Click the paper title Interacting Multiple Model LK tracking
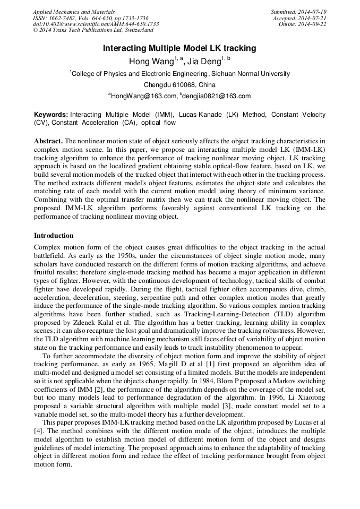click(179, 48)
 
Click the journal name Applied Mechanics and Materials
click(74, 12)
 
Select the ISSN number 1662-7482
click(66, 18)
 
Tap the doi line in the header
click(96, 24)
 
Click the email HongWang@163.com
click(143, 96)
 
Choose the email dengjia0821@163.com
click(217, 96)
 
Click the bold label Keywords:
click(51, 115)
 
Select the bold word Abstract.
click(48, 142)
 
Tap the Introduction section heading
click(54, 235)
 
